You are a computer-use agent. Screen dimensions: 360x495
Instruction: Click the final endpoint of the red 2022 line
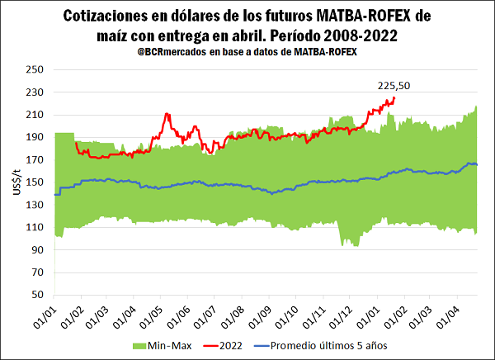coord(394,98)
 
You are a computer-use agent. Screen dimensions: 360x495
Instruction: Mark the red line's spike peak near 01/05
coord(167,114)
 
